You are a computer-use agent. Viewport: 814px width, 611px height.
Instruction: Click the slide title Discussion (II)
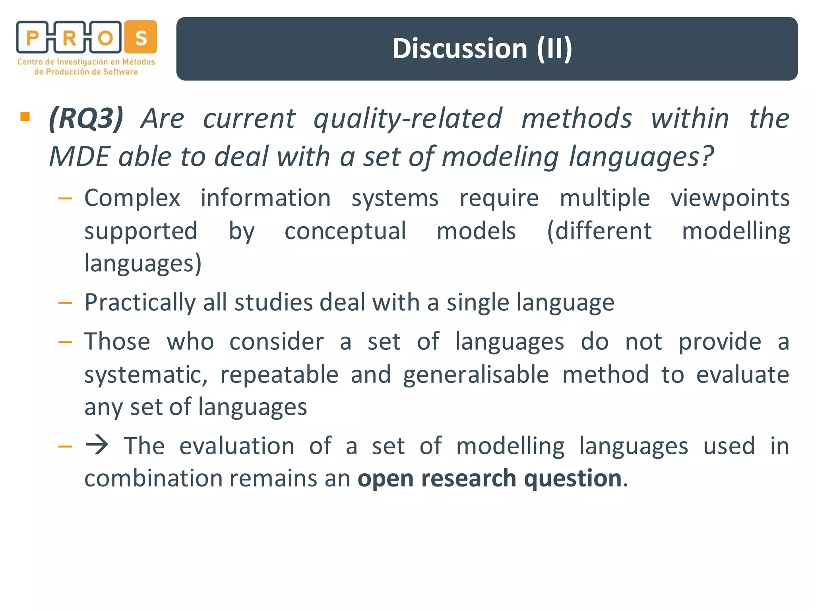[x=482, y=49]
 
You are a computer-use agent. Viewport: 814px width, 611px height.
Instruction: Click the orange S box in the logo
[x=141, y=37]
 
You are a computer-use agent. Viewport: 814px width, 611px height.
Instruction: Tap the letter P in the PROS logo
[x=32, y=38]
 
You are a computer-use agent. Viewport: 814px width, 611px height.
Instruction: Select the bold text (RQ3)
[x=86, y=119]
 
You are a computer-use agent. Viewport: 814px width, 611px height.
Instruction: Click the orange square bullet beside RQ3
[x=25, y=116]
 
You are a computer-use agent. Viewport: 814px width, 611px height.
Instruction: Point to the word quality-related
[x=407, y=119]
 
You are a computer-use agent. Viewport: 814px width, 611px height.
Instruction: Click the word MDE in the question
[x=79, y=156]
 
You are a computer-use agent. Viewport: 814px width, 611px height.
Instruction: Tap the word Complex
[x=132, y=198]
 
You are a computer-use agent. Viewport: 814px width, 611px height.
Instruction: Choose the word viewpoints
[x=730, y=198]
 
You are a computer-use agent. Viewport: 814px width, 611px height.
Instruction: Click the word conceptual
[x=345, y=231]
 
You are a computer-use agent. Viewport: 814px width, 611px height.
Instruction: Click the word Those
[x=117, y=342]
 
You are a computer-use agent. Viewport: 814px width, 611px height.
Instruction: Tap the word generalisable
[x=476, y=375]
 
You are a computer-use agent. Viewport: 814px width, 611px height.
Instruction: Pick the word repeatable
[x=279, y=375]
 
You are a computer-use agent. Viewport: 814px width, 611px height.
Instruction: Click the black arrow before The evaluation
[x=97, y=445]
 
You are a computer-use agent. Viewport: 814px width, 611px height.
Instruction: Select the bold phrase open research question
[x=490, y=478]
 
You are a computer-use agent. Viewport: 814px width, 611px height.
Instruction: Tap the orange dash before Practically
[x=65, y=303]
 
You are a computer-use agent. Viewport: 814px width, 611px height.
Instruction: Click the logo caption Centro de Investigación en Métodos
[x=86, y=62]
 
